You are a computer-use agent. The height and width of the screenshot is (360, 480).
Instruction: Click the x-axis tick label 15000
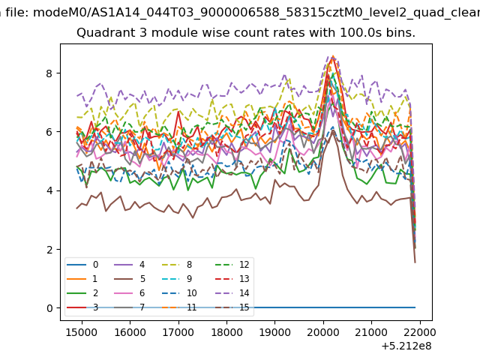[x=82, y=332]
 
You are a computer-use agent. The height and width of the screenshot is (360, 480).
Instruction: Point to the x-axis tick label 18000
[x=226, y=332]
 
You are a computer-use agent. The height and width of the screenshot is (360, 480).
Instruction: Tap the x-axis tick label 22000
[x=420, y=332]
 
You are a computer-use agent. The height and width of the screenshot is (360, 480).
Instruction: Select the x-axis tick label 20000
[x=323, y=332]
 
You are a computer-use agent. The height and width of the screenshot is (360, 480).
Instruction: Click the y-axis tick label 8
[x=49, y=73]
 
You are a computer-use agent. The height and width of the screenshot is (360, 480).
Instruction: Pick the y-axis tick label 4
[x=49, y=190]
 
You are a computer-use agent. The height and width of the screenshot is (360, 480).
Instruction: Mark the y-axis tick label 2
[x=49, y=250]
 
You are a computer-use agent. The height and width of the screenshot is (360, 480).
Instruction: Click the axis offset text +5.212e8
[x=406, y=346]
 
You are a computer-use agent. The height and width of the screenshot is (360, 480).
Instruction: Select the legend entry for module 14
[x=232, y=293]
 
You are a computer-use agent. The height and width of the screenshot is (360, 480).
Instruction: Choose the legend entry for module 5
[x=130, y=279]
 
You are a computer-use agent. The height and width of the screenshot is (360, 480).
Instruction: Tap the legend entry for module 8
[x=177, y=265]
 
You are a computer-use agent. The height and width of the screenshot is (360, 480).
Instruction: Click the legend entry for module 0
[x=82, y=265]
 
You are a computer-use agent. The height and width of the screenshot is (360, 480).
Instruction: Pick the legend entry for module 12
[x=232, y=265]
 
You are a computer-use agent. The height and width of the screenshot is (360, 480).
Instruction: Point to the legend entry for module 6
[x=130, y=293]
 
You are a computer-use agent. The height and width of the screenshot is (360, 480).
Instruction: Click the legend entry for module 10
[x=179, y=293]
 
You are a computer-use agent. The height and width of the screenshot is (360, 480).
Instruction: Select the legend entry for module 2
[x=82, y=293]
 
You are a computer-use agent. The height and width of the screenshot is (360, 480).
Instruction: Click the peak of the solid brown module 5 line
[x=333, y=130]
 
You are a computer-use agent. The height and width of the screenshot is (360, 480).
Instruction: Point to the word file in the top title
[x=17, y=13]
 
